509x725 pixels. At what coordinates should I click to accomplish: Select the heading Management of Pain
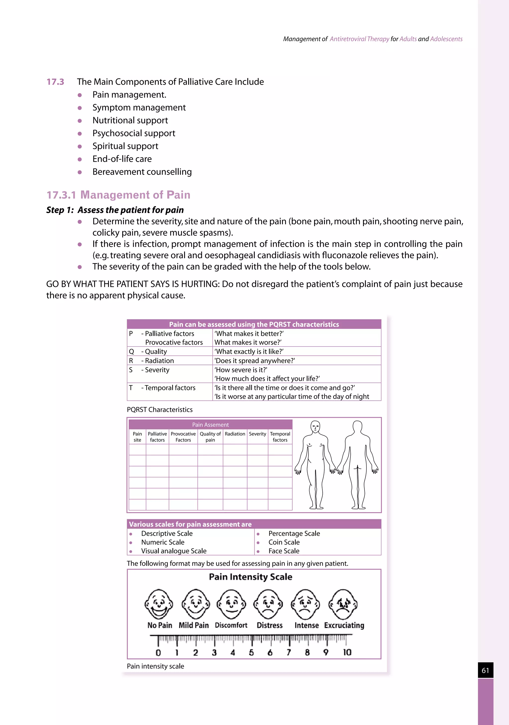(x=135, y=195)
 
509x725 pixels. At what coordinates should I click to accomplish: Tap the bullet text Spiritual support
(x=125, y=146)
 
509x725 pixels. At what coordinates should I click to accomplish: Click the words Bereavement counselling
(x=142, y=172)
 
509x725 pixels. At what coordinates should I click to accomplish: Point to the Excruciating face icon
(x=343, y=604)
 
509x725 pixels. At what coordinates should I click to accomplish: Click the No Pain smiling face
(x=159, y=604)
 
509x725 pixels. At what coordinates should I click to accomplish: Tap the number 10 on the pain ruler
(x=347, y=652)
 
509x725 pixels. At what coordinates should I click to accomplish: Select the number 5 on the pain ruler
(x=251, y=652)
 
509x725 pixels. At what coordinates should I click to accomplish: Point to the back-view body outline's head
(x=357, y=427)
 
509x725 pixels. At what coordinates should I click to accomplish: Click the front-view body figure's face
(x=315, y=427)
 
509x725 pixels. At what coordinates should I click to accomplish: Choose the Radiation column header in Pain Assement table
(x=235, y=434)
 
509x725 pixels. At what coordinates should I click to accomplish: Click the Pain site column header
(x=137, y=437)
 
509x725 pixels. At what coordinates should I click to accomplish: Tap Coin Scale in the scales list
(x=284, y=542)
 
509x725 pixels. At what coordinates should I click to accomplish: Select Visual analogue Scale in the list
(x=174, y=551)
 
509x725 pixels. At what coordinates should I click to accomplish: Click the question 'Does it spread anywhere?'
(x=254, y=361)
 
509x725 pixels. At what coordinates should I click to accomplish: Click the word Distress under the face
(x=269, y=625)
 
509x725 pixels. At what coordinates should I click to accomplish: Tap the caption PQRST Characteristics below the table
(x=160, y=410)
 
